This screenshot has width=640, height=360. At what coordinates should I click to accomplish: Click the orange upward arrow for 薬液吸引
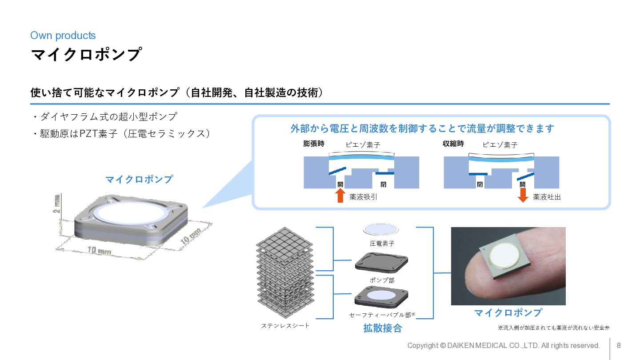(340, 195)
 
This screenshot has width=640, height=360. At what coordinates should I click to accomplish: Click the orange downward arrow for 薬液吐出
(523, 195)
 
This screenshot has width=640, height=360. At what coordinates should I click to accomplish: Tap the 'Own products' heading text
(63, 36)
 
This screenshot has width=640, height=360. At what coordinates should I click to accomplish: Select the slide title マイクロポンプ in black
(86, 55)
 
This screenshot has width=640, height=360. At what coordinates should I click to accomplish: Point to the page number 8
(618, 345)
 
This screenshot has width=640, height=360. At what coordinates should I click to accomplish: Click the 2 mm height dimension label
(57, 204)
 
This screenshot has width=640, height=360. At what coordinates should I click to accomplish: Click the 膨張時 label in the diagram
(313, 144)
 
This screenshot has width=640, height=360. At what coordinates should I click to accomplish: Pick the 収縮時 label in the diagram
(453, 144)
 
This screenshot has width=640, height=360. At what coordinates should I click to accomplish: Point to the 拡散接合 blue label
(382, 328)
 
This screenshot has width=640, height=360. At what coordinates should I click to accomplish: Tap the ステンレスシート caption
(285, 326)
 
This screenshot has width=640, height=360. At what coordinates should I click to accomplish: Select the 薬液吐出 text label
(547, 197)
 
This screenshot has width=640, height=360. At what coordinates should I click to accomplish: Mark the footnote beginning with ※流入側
(553, 328)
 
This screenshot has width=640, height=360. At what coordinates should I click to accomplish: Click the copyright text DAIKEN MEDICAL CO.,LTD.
(504, 345)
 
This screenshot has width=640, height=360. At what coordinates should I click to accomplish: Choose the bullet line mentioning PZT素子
(122, 133)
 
